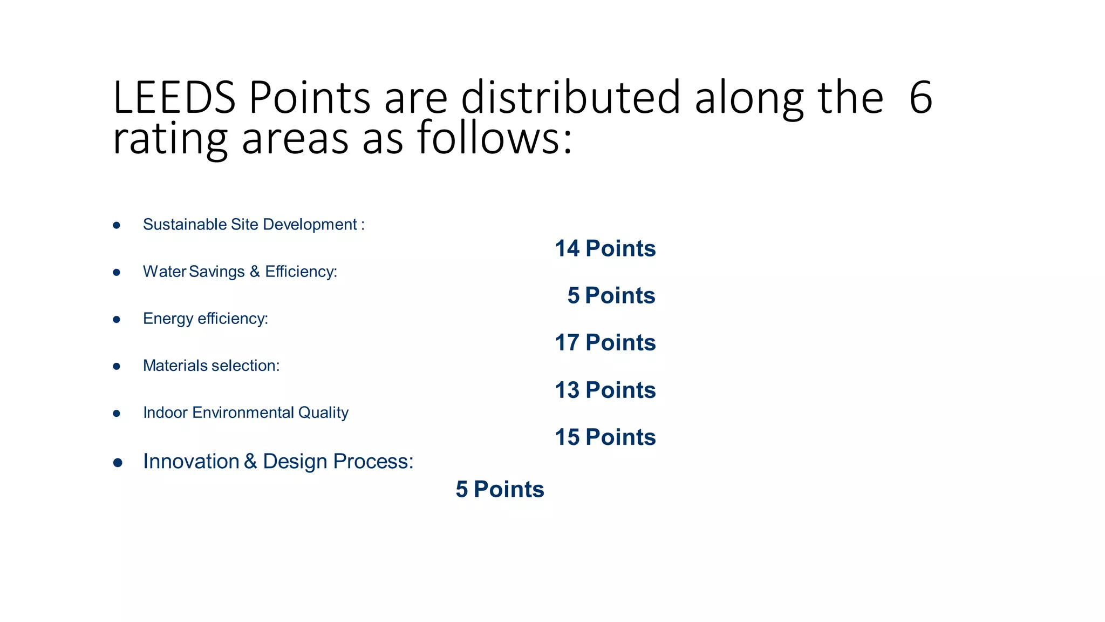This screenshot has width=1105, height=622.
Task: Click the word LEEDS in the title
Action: click(x=174, y=98)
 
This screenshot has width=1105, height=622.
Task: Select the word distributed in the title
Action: click(x=570, y=98)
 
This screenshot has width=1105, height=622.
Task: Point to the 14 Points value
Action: click(x=605, y=249)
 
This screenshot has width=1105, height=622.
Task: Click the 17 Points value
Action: click(x=605, y=343)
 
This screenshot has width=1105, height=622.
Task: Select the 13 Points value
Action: click(x=605, y=390)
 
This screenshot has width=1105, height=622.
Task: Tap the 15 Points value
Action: click(x=605, y=437)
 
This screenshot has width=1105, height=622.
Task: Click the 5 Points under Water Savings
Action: click(x=611, y=296)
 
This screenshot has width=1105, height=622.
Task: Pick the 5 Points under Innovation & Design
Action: click(x=500, y=490)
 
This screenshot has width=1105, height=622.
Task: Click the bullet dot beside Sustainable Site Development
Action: click(x=117, y=225)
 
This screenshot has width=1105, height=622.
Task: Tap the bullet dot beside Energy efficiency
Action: click(x=117, y=320)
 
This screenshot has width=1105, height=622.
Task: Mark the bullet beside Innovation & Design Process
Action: click(x=118, y=463)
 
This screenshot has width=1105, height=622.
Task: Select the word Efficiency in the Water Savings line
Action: click(x=301, y=272)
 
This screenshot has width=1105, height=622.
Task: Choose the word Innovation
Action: click(x=191, y=462)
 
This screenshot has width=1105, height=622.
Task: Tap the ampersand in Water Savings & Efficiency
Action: click(x=255, y=272)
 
